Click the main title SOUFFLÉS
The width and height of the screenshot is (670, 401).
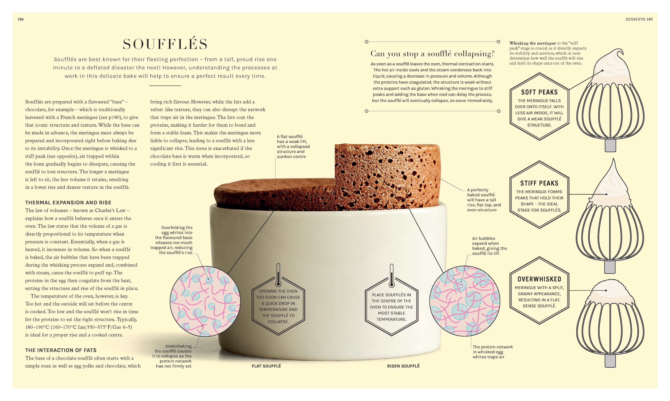click(165, 44)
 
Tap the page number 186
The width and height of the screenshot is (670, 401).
click(20, 19)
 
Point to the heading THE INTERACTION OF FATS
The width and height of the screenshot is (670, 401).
click(61, 350)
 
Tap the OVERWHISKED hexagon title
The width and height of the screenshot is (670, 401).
click(539, 279)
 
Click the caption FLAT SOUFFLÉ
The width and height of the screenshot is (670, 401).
click(266, 366)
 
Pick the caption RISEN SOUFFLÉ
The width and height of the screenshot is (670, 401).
click(403, 366)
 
